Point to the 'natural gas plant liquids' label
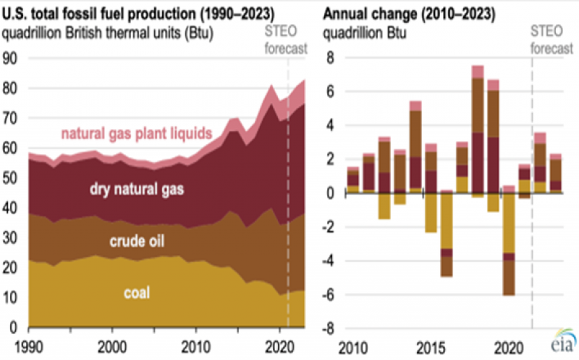(135, 133)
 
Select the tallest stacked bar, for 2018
(478, 130)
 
